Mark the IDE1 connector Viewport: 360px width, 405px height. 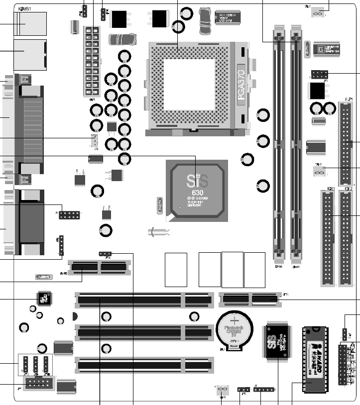327,238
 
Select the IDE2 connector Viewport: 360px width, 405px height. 347,238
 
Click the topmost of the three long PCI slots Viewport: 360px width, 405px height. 142,300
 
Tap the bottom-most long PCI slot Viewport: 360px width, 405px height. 142,365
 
